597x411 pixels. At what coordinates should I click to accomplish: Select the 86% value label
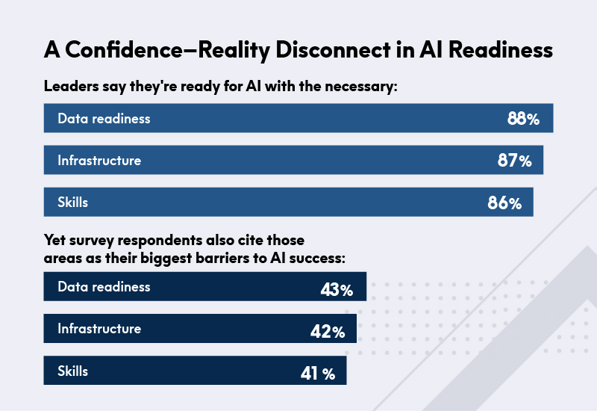coord(504,203)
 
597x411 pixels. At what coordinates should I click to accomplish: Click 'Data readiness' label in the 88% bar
coord(104,119)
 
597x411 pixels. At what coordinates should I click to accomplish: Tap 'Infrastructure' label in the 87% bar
coord(99,160)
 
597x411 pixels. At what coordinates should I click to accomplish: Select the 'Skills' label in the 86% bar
coord(73,202)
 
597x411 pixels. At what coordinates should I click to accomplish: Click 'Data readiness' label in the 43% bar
coord(104,287)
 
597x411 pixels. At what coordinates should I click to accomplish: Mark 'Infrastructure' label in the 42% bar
coord(99,328)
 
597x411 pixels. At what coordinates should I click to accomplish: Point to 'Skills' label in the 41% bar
coord(73,370)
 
